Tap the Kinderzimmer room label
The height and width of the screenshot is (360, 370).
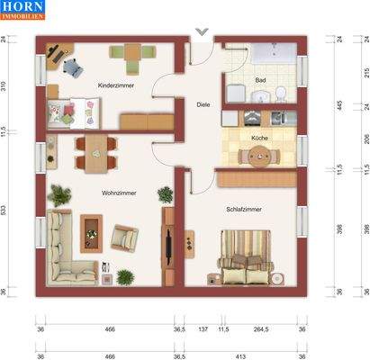[x=116, y=85]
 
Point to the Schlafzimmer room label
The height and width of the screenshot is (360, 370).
[x=244, y=209]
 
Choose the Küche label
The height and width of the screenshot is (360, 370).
[x=259, y=138]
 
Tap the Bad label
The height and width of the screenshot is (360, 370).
[x=260, y=80]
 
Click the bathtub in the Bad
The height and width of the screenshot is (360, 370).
[x=273, y=57]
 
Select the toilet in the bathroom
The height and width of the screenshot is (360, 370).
[x=280, y=94]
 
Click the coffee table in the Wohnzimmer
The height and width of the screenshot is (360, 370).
[x=92, y=231]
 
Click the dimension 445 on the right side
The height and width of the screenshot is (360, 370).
[x=340, y=103]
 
